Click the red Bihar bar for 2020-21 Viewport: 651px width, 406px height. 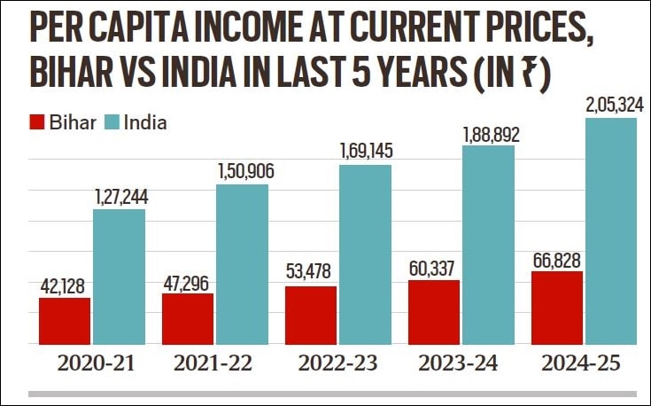click(65, 321)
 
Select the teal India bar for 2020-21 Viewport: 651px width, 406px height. click(119, 277)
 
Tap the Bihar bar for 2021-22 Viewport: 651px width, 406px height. click(188, 318)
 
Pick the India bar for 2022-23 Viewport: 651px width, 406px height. click(365, 254)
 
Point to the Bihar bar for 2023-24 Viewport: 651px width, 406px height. click(434, 312)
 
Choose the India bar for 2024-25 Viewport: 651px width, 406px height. click(610, 231)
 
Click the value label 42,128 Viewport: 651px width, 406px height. click(65, 286)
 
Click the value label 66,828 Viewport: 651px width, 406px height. click(556, 259)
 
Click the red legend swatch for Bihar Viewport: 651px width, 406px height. click(37, 121)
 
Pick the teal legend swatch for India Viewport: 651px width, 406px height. click(111, 121)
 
